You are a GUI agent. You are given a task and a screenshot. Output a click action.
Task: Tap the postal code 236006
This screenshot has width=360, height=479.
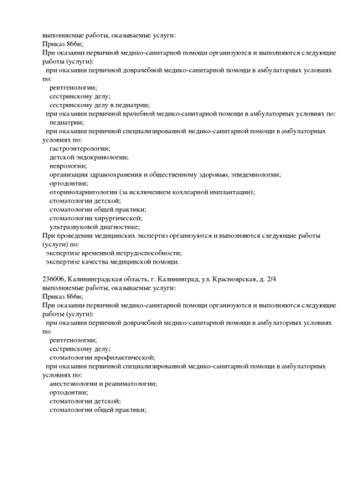[54, 279]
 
